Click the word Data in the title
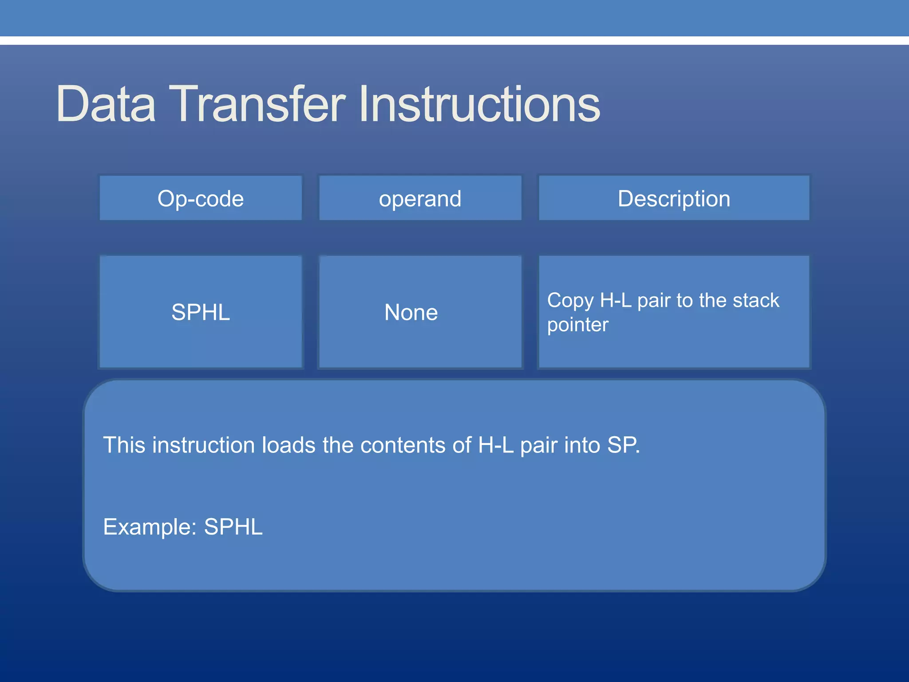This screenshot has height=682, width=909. (x=106, y=104)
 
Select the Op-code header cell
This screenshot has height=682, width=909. (x=201, y=198)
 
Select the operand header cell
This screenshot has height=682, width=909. (x=420, y=198)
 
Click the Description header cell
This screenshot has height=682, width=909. (x=674, y=198)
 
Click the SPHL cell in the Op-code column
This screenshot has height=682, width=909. (x=201, y=312)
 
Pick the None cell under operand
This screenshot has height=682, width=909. (x=411, y=312)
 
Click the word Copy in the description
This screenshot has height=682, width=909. (x=570, y=301)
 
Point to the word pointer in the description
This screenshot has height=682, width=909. (x=577, y=325)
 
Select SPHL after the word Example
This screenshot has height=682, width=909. (x=233, y=527)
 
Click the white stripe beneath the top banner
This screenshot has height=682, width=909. (x=454, y=40)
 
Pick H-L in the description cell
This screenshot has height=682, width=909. (x=616, y=301)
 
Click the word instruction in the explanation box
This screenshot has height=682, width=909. (x=204, y=445)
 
